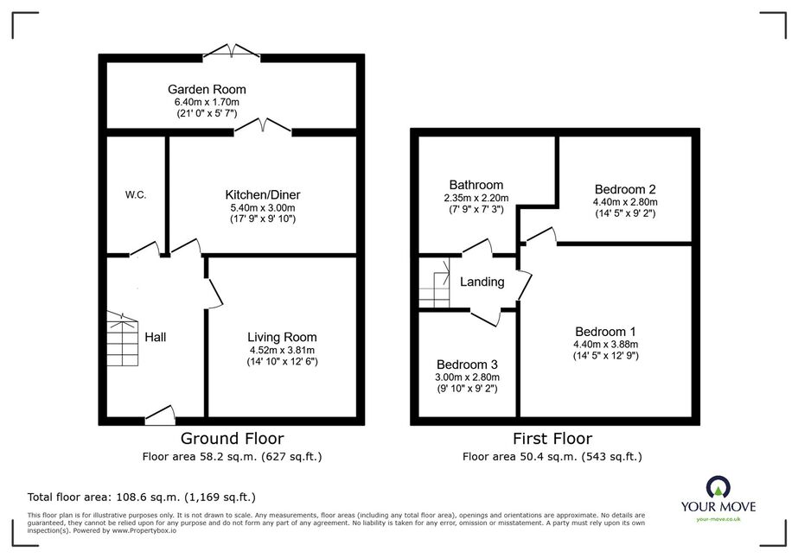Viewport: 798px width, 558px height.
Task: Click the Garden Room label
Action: click(x=207, y=90)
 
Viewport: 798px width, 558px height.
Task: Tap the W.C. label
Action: click(x=136, y=195)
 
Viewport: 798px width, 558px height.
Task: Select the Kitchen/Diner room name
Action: click(x=263, y=195)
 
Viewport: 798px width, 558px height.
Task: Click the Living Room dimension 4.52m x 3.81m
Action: click(x=282, y=350)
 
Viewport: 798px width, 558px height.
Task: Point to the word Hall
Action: click(x=156, y=337)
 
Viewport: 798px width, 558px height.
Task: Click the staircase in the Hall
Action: click(x=122, y=339)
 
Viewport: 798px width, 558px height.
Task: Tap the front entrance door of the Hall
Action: click(x=160, y=415)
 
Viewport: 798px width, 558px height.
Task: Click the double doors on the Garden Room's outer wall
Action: click(x=232, y=51)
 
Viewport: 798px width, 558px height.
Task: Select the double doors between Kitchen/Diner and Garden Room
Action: click(x=263, y=127)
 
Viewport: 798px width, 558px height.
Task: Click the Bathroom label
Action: click(x=476, y=185)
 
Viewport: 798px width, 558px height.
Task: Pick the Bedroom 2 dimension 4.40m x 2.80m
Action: click(x=625, y=202)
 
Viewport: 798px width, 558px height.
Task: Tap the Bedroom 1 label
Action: click(x=605, y=333)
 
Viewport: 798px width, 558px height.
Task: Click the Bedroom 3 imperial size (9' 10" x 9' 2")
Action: click(x=467, y=389)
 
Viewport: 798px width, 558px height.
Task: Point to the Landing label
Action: click(x=482, y=282)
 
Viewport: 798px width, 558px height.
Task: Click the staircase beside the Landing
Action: click(x=434, y=282)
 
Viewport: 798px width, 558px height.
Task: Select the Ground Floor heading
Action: click(x=232, y=439)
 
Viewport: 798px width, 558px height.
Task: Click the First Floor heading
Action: click(x=552, y=439)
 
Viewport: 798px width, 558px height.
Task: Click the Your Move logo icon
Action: click(x=718, y=487)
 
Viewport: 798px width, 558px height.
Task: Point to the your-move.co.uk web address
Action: click(x=718, y=519)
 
